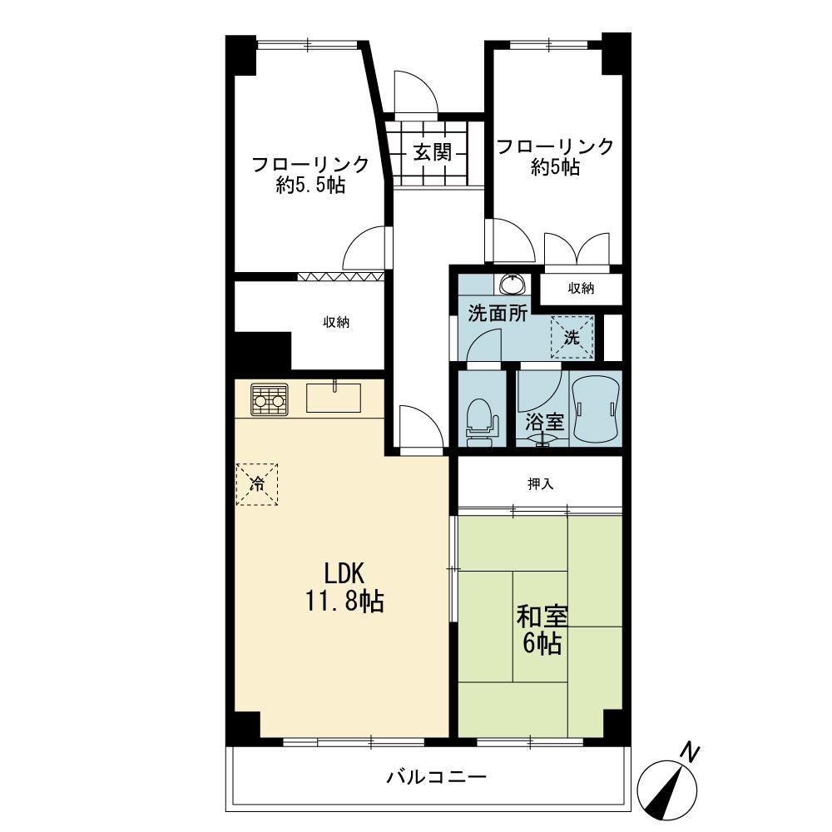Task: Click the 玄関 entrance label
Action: pos(433,153)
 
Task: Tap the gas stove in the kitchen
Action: pos(270,399)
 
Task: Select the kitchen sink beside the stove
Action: pos(334,397)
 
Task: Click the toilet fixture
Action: pos(482,423)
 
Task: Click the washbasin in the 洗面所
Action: pos(513,284)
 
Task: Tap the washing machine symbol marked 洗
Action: pos(572,338)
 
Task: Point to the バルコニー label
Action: pos(436,778)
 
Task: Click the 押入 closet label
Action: pos(541,484)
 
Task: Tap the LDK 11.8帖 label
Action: pos(344,587)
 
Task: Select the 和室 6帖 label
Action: pos(542,630)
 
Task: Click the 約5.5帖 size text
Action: pos(310,186)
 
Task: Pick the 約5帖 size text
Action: pos(555,168)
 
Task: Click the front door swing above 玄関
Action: pos(416,93)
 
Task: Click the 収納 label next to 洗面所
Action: pos(581,288)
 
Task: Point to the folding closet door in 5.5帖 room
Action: pos(340,276)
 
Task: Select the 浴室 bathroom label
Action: pos(544,422)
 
